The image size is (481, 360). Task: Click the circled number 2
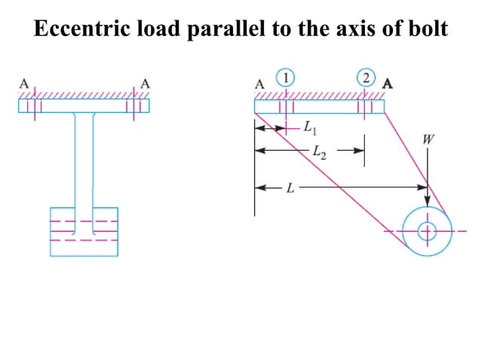[366, 77]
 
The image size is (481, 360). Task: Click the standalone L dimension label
[290, 188]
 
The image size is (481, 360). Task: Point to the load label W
[427, 139]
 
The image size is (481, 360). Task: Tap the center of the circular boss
[427, 230]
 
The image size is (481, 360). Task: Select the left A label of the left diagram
[23, 84]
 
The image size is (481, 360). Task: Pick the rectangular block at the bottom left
[84, 231]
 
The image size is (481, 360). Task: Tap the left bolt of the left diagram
[32, 105]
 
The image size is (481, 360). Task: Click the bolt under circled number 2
[366, 105]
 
